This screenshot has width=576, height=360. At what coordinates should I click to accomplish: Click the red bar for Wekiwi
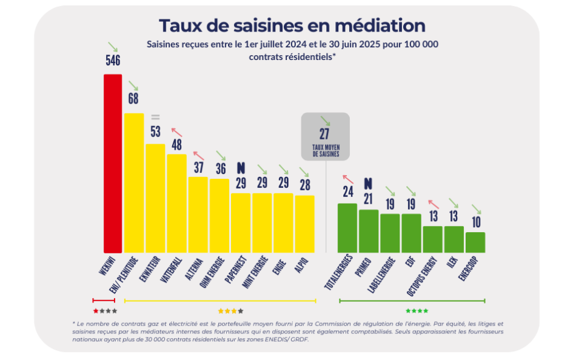(x=112, y=164)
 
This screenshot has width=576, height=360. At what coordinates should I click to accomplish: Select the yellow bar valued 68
(x=134, y=183)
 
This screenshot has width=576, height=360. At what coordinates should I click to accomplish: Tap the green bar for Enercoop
(x=475, y=242)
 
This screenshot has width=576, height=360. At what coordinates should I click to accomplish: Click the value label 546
(x=113, y=60)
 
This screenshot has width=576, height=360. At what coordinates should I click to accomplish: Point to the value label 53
(x=155, y=131)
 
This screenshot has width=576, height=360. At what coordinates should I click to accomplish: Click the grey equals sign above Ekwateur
(x=155, y=117)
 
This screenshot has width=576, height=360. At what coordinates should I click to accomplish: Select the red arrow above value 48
(x=176, y=132)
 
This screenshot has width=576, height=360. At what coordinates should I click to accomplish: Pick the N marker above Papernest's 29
(x=241, y=168)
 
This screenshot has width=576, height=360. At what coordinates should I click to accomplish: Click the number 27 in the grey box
(x=324, y=134)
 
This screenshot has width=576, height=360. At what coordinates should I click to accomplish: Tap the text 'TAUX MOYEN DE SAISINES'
(x=326, y=151)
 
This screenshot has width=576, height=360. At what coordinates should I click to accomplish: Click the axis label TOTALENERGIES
(x=339, y=272)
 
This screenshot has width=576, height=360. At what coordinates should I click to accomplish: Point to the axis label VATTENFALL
(x=171, y=270)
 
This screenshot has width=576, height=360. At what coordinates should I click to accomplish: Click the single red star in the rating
(x=96, y=311)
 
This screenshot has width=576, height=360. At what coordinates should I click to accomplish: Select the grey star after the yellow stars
(x=241, y=311)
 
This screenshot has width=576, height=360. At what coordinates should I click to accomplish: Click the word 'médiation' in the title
(x=380, y=25)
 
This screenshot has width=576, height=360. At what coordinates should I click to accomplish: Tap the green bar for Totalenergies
(x=347, y=228)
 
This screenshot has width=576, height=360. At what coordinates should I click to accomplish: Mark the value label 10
(x=476, y=222)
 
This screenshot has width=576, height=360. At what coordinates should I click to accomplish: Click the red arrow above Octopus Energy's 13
(x=434, y=204)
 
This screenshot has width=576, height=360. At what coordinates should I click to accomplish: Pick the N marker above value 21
(x=368, y=184)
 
